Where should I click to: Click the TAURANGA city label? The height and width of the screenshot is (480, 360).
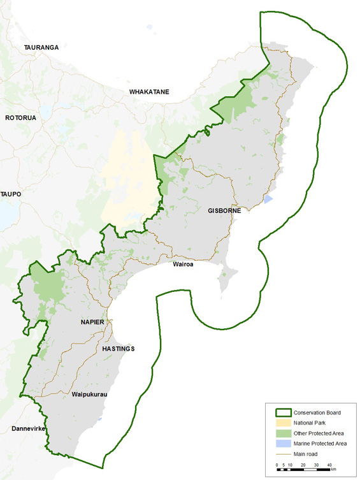(41, 48)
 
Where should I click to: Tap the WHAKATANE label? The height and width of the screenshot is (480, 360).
(149, 92)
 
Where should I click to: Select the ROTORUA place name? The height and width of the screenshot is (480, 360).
(22, 118)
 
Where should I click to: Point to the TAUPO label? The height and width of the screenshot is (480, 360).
(11, 194)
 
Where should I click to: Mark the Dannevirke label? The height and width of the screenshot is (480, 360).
(29, 429)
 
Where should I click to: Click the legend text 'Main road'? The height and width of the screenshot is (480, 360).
(307, 454)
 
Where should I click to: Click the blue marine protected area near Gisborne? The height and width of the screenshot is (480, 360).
(268, 200)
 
